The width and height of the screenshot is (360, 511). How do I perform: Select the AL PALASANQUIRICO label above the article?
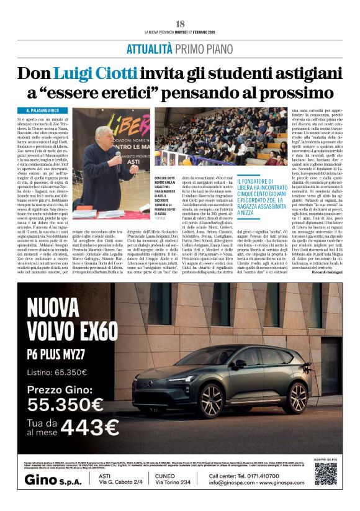pos(45,110)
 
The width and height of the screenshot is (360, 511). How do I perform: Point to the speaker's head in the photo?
pos(104,136)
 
